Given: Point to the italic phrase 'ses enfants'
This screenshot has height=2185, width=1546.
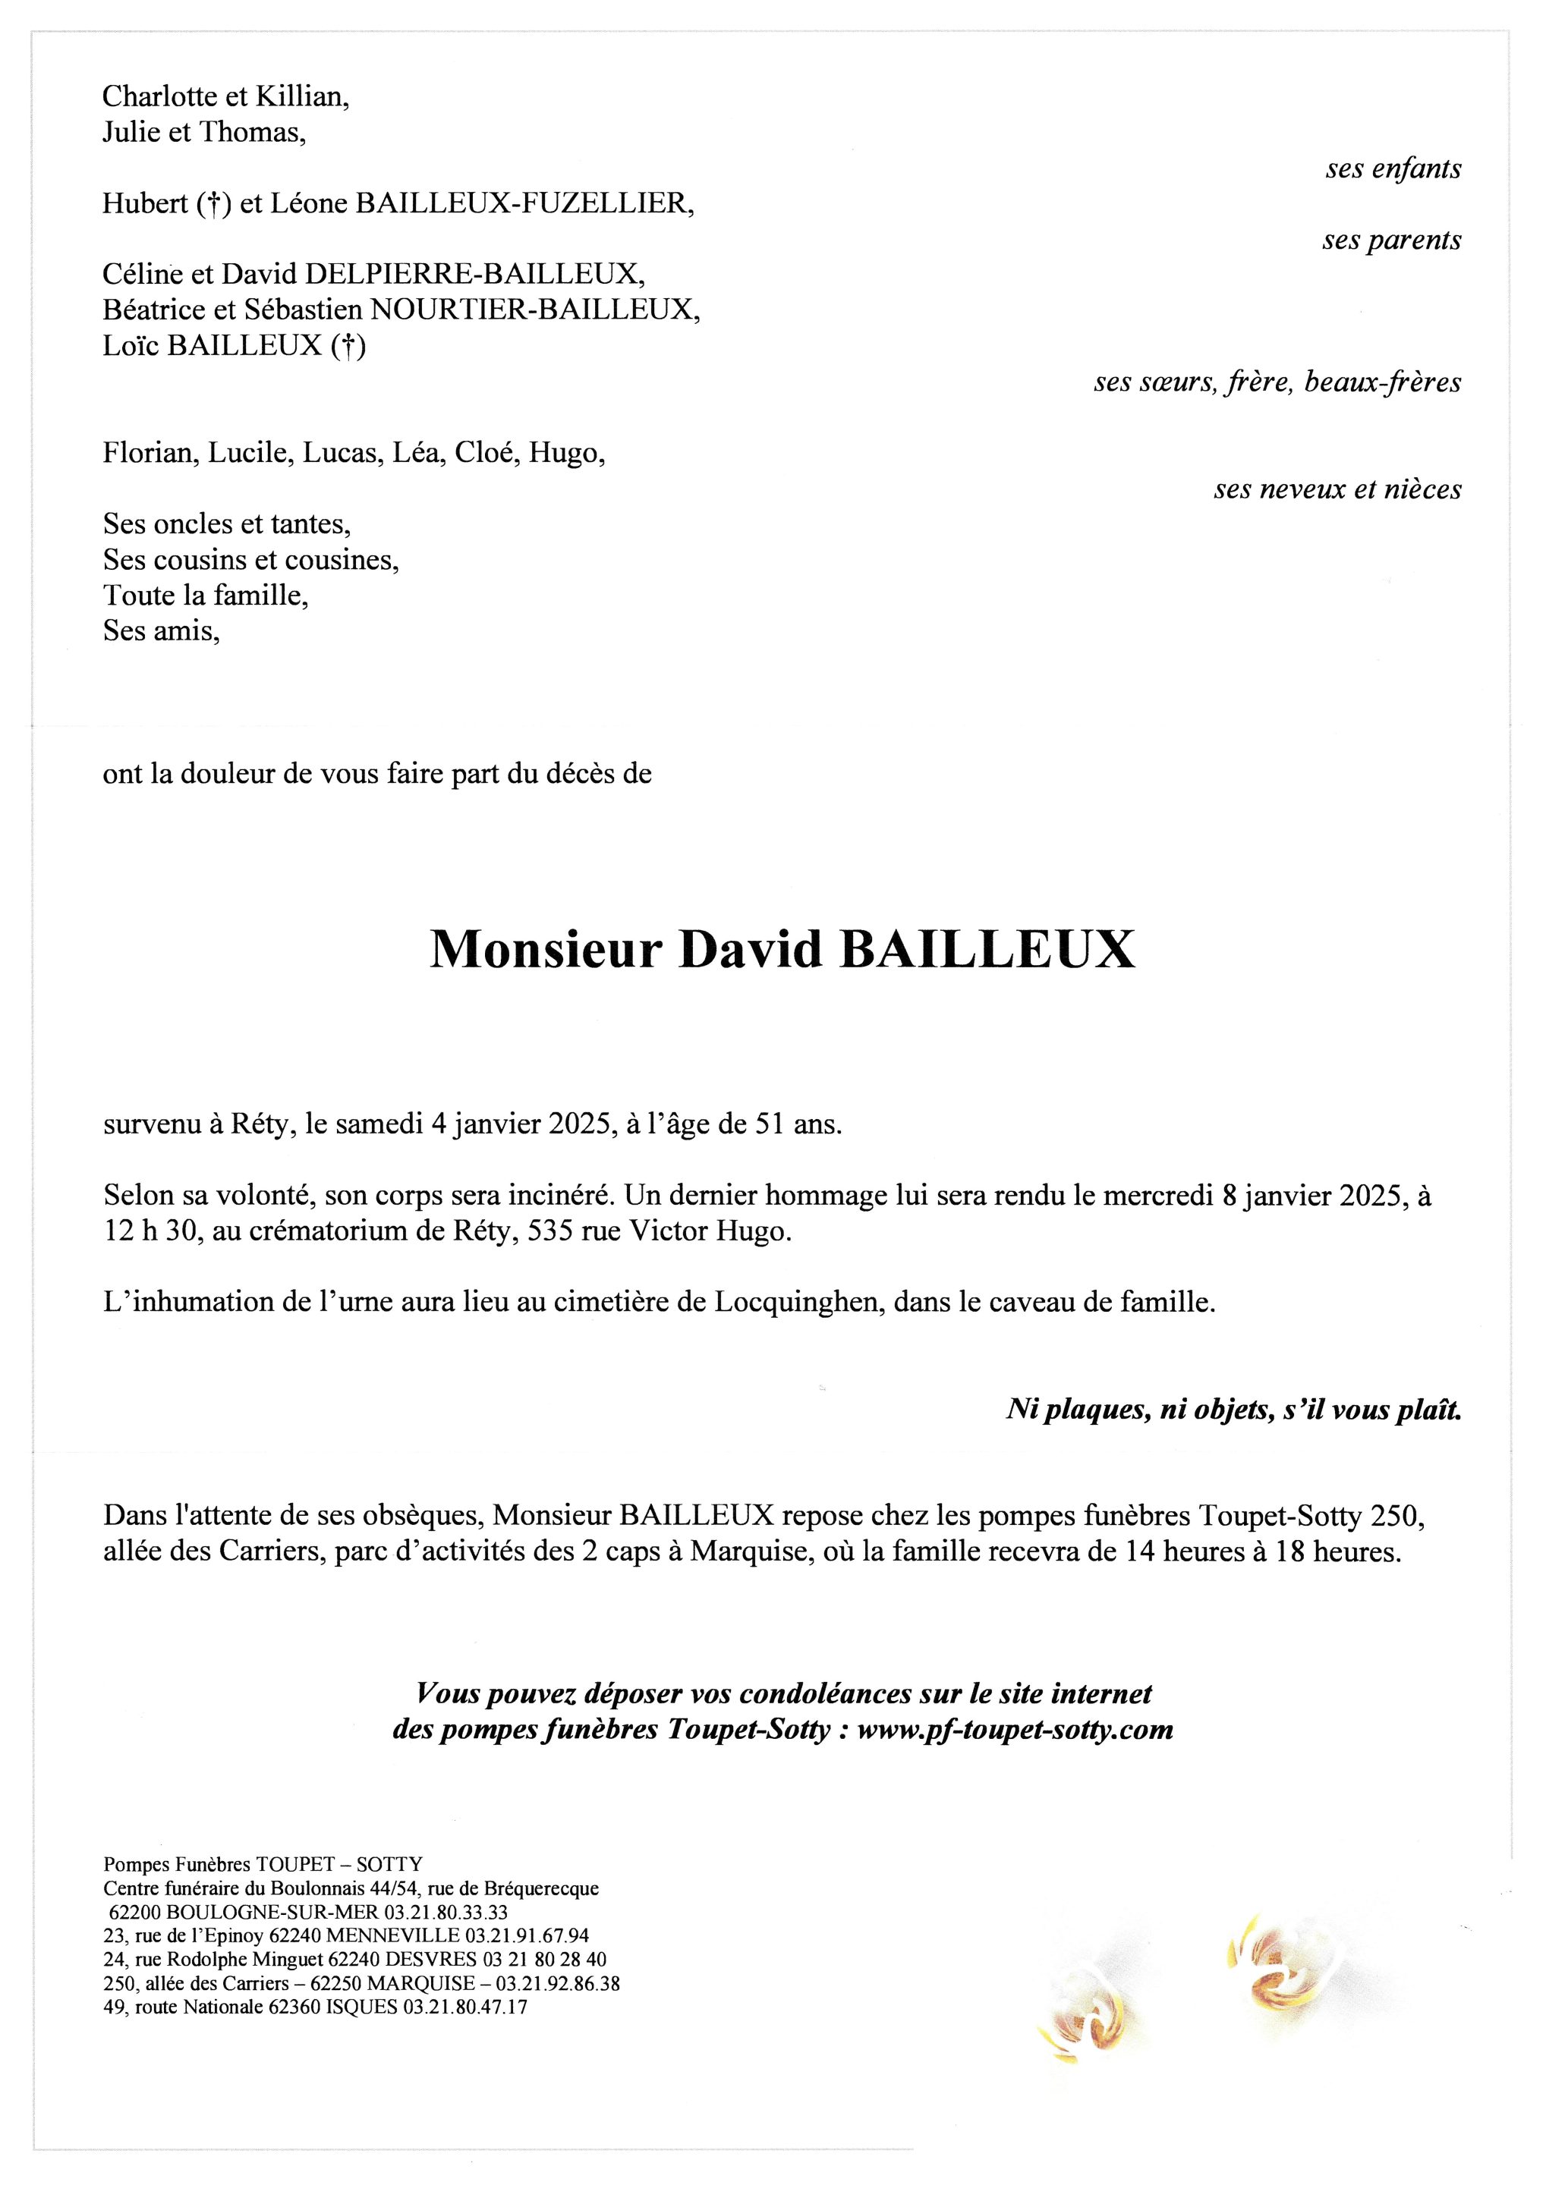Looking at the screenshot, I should [x=1393, y=168].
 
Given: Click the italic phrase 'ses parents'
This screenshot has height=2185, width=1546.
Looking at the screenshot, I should [x=1391, y=240].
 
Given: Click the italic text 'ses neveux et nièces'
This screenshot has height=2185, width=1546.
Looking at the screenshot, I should [x=1337, y=489].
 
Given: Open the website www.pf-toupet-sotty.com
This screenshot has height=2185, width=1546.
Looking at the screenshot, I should [x=1015, y=1729].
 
